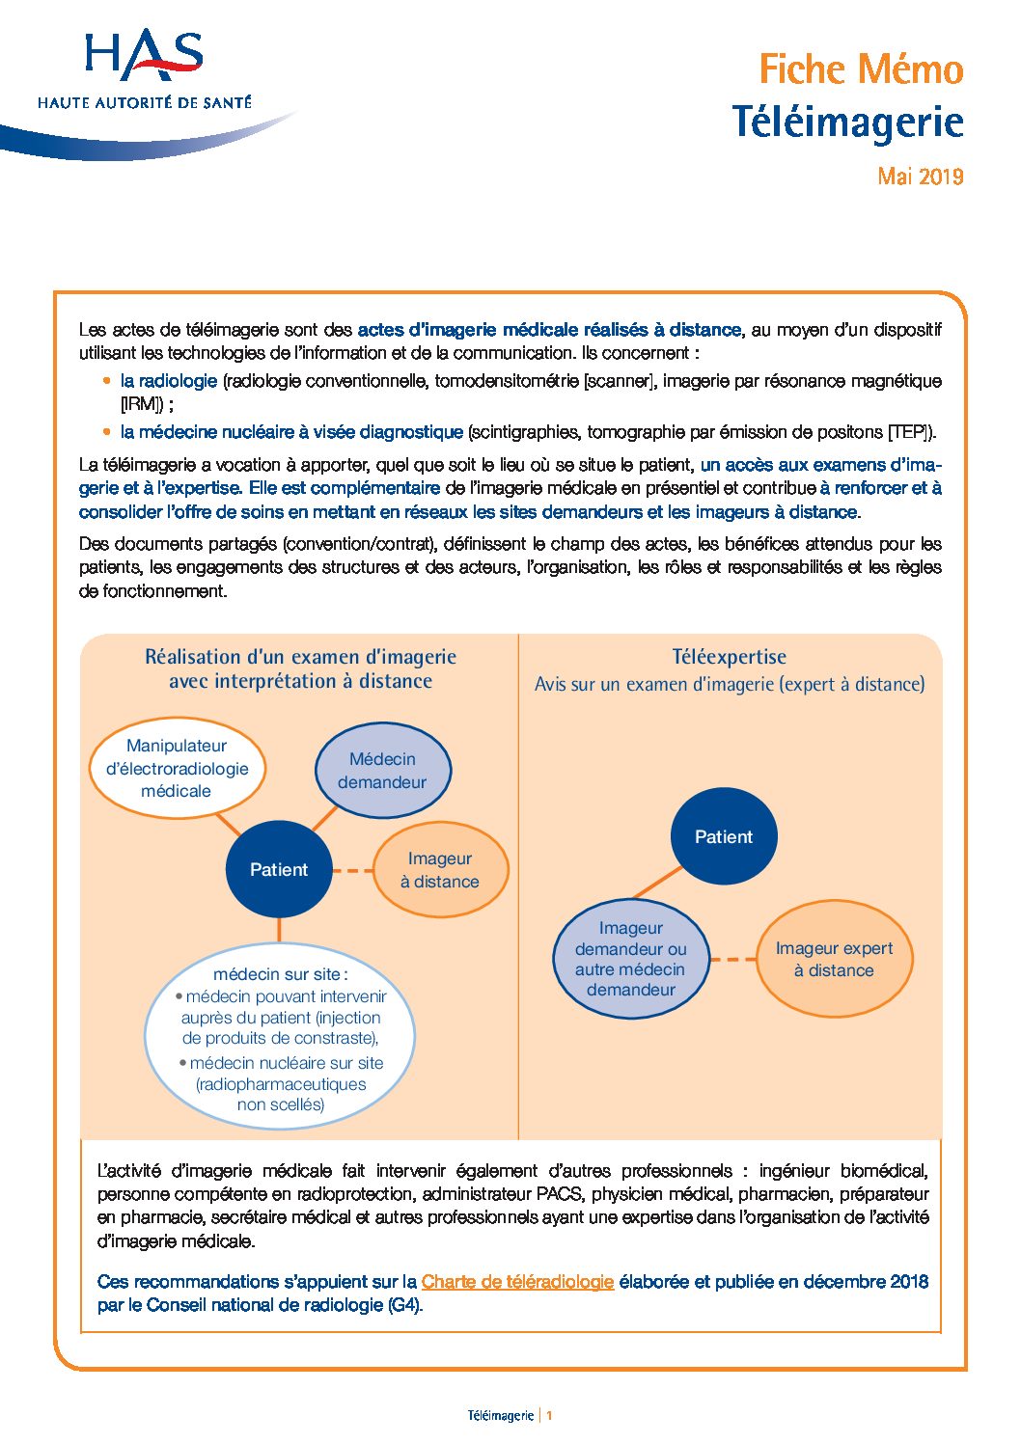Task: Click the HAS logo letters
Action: [x=144, y=55]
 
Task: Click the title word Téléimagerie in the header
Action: [x=847, y=123]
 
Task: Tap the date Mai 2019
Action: [x=920, y=177]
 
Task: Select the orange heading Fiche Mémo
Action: [x=861, y=69]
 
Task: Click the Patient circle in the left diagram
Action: [x=279, y=869]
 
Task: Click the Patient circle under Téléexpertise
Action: [x=723, y=836]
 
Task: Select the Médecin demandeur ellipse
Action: [x=382, y=771]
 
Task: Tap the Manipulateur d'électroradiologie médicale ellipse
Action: [x=177, y=768]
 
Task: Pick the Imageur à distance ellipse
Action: [x=440, y=870]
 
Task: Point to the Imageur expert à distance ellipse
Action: [x=834, y=960]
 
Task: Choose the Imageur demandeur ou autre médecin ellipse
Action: [x=631, y=959]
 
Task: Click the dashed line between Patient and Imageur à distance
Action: [x=353, y=870]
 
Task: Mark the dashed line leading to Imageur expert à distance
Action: [x=733, y=960]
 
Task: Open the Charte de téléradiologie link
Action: [x=517, y=1282]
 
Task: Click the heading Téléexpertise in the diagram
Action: [x=729, y=657]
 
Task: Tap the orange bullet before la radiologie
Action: [x=107, y=381]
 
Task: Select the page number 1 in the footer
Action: [x=549, y=1416]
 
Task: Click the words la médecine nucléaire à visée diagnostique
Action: [x=291, y=432]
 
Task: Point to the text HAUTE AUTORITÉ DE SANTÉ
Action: [x=145, y=102]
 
